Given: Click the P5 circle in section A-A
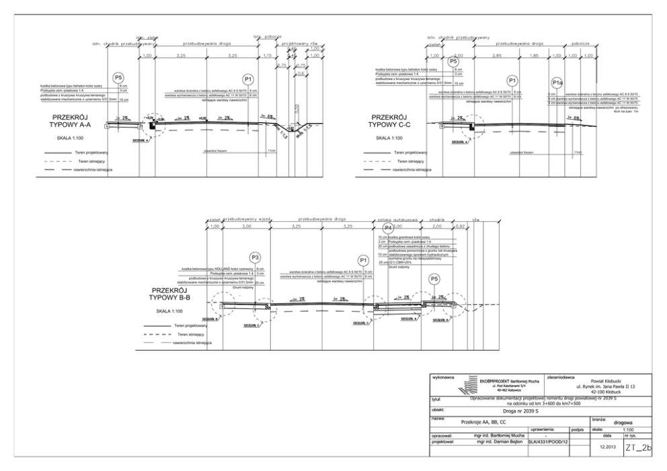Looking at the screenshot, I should pos(119,77).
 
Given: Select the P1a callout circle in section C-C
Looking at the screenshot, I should pos(557,82).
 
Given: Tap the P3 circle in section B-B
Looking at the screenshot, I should pos(255,257).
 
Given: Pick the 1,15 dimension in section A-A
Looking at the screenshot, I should pos(267,55).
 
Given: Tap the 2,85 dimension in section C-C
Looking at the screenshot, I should pos(498,55).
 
